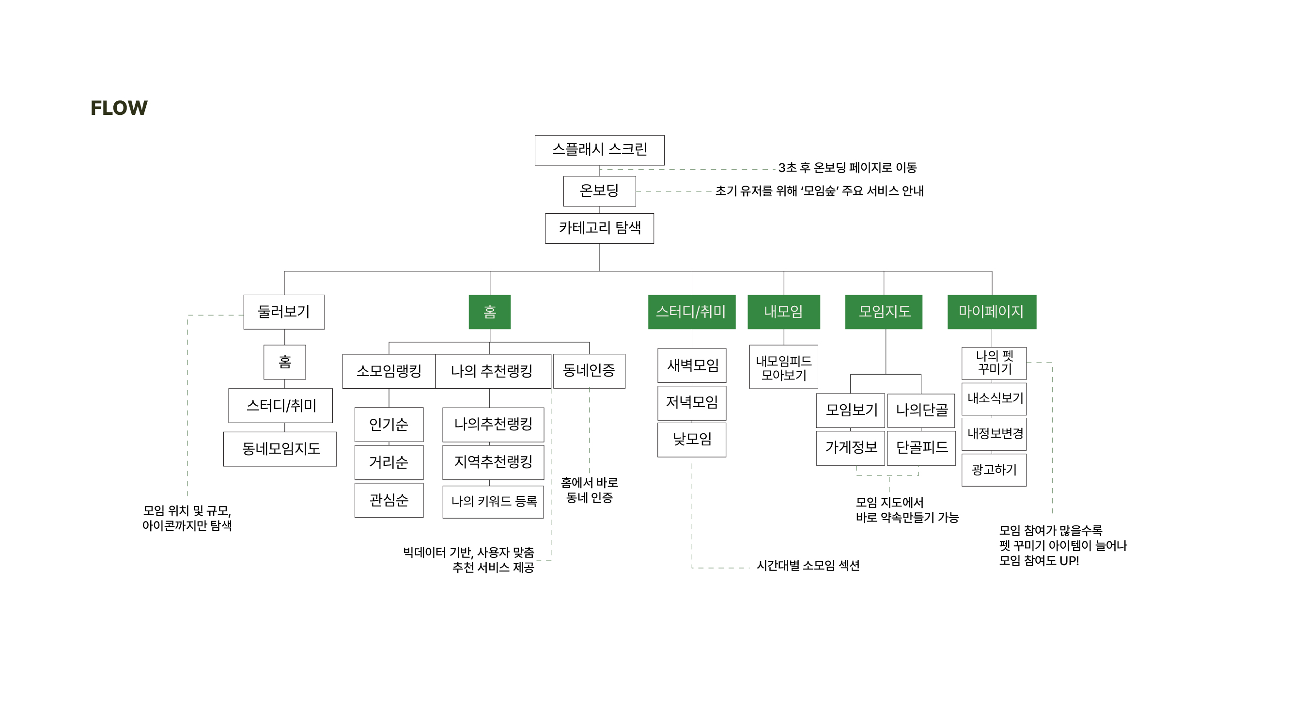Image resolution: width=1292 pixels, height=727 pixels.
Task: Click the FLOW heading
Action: (x=119, y=108)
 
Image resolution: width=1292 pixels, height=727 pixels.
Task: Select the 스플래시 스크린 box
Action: (x=599, y=150)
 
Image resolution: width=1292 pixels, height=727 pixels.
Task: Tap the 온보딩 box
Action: (x=599, y=191)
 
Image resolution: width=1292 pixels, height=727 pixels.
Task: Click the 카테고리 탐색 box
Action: (x=599, y=229)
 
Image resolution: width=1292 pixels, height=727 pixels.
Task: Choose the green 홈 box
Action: (x=489, y=312)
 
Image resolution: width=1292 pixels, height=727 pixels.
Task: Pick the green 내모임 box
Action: (x=783, y=312)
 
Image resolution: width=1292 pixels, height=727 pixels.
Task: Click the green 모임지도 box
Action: (x=884, y=312)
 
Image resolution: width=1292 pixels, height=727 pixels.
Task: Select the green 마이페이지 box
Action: (x=992, y=312)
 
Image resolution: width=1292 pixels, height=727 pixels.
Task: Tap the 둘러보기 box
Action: (x=284, y=312)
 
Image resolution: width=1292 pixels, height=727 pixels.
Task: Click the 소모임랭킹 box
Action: (x=389, y=371)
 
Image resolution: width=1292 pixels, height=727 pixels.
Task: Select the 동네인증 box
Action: (x=589, y=371)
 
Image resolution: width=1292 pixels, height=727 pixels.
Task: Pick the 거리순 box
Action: (x=389, y=462)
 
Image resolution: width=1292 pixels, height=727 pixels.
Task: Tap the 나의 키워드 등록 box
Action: (x=493, y=502)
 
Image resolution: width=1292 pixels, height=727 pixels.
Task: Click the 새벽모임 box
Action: (x=692, y=365)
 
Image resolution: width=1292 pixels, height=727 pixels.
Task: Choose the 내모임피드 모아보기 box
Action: (x=783, y=367)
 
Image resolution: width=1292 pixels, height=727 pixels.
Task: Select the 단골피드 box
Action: (x=921, y=447)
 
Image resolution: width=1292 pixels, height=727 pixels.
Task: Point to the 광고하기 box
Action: (x=994, y=470)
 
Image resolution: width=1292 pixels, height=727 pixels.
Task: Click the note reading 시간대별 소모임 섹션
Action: (x=808, y=566)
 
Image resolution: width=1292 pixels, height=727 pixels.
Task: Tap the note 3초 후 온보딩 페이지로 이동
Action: (x=847, y=168)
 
